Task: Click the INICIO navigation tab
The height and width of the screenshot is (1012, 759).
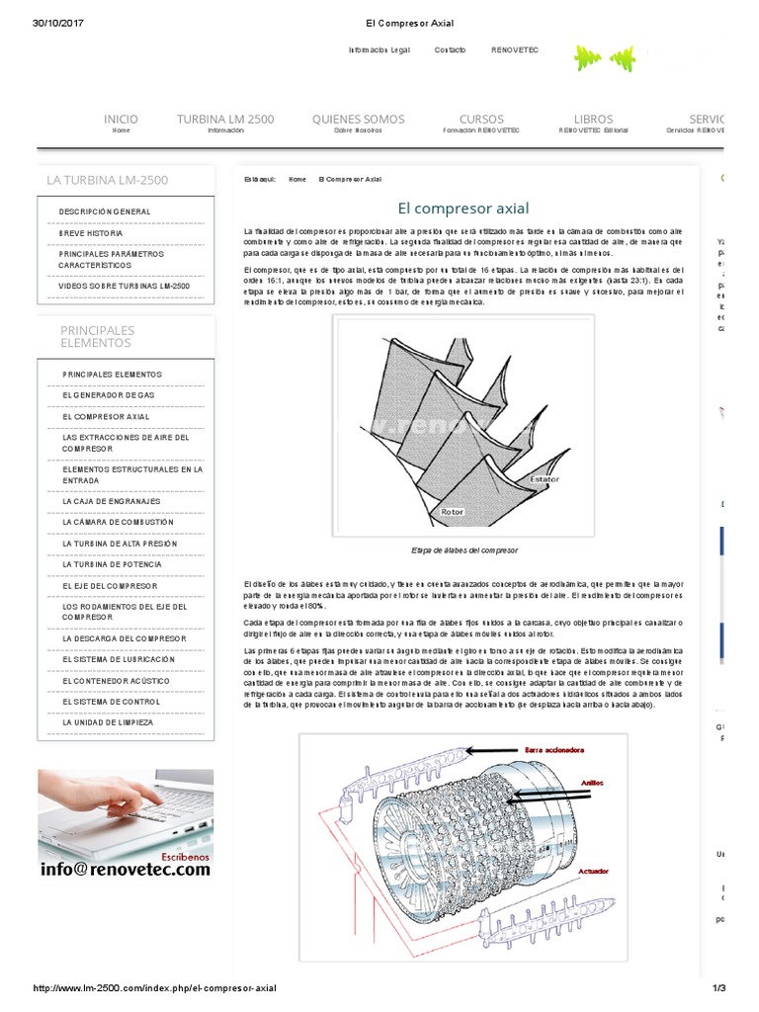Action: [121, 120]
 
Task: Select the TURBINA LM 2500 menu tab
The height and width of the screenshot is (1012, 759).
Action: [225, 120]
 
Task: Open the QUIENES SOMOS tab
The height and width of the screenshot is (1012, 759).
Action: [358, 120]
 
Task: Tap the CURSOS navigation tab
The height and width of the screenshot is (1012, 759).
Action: [481, 120]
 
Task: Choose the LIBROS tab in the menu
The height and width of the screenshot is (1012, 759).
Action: [593, 120]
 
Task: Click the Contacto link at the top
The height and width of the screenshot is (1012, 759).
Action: [450, 49]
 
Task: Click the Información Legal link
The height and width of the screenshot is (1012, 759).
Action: [379, 49]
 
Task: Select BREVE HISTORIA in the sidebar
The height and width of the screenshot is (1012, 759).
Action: [91, 233]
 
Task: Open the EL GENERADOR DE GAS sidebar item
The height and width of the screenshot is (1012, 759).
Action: [109, 395]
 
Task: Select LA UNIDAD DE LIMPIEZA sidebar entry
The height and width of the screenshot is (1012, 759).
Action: [108, 722]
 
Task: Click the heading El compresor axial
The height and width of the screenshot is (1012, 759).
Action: [464, 209]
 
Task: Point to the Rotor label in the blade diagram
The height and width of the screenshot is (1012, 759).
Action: [452, 512]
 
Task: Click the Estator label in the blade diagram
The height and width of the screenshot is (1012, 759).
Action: [545, 478]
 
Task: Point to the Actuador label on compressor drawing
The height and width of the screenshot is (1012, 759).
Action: [593, 873]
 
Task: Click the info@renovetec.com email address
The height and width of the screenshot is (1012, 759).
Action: [126, 870]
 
